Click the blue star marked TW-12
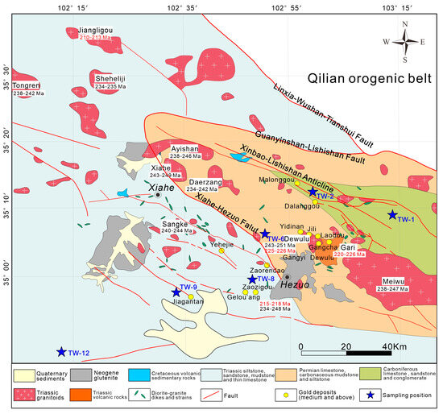pos(61,351)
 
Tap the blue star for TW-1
pos(392,214)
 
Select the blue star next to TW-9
pos(176,292)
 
